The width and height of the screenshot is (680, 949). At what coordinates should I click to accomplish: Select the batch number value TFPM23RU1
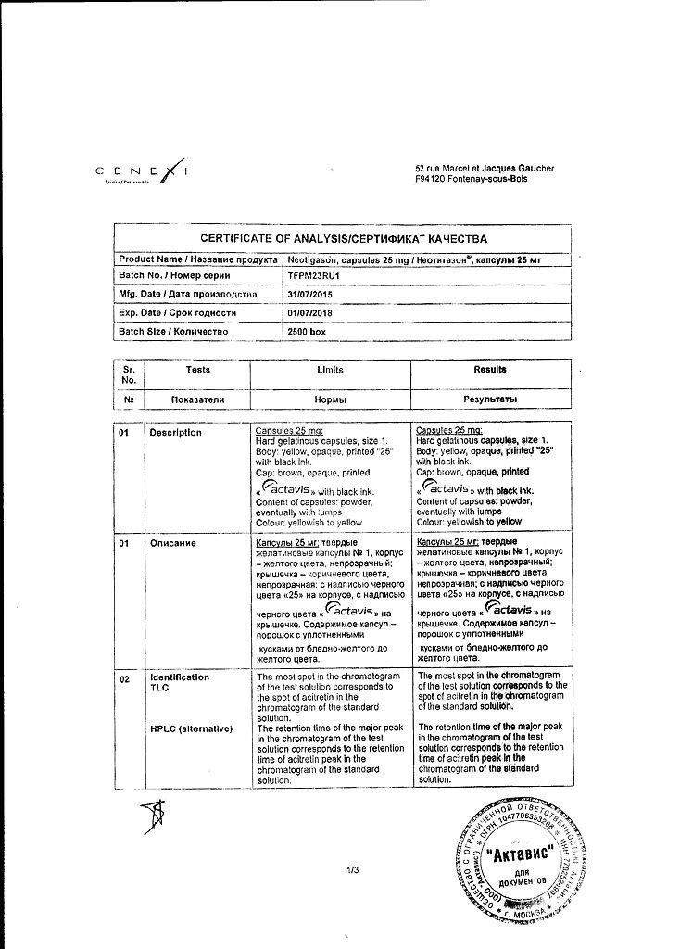pyautogui.click(x=316, y=276)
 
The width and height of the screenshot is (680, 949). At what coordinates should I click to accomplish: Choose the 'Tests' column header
pyautogui.click(x=197, y=370)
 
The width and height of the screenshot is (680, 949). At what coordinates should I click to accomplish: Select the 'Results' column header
pyautogui.click(x=491, y=370)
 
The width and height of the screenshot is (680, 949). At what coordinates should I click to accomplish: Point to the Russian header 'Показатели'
pyautogui.click(x=197, y=399)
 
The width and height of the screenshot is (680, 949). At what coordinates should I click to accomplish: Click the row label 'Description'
pyautogui.click(x=175, y=433)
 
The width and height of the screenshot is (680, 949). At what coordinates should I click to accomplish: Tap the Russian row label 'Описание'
pyautogui.click(x=171, y=543)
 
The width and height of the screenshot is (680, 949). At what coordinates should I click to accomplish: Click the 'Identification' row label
pyautogui.click(x=180, y=677)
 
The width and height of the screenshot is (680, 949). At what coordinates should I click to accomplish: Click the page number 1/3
pyautogui.click(x=352, y=869)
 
